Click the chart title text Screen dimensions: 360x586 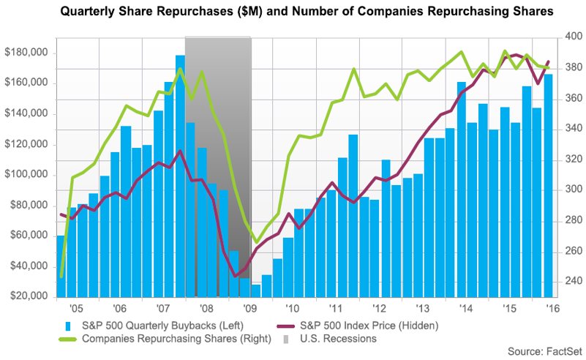pos(293,12)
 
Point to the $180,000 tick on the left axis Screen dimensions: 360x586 pos(26,53)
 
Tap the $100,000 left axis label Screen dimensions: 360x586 pos(26,175)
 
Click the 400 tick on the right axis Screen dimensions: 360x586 pos(571,37)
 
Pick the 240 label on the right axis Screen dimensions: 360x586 pos(571,282)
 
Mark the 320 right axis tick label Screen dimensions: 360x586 pos(571,160)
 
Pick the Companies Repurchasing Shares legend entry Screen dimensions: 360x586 pos(165,339)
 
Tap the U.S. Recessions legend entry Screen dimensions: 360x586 pos(337,339)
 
